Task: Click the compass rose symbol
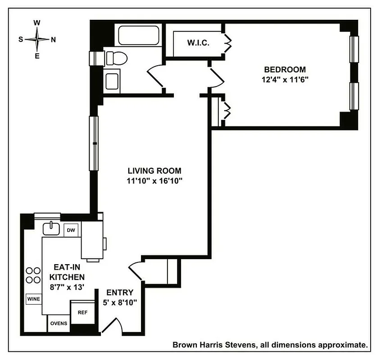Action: pos(37,39)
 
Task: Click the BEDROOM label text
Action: pos(284,70)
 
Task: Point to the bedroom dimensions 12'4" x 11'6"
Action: pos(284,80)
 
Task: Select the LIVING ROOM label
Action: pos(154,171)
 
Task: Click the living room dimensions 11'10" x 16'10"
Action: pos(154,181)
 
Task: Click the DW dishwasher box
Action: pos(71,230)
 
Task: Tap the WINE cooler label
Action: pos(33,299)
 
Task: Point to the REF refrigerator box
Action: pos(82,312)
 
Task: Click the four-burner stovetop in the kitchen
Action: pos(32,275)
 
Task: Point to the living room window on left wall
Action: pos(94,143)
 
